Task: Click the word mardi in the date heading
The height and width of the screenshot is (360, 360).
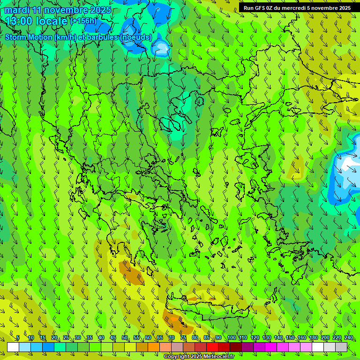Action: pyautogui.click(x=17, y=10)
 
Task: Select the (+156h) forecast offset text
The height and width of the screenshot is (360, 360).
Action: pyautogui.click(x=83, y=21)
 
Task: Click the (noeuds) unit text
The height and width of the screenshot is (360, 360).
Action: pyautogui.click(x=136, y=37)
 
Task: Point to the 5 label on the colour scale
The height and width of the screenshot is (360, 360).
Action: pyautogui.click(x=18, y=337)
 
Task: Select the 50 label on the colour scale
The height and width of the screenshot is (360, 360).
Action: pyautogui.click(x=125, y=337)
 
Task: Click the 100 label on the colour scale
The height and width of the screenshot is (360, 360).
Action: pyautogui.click(x=232, y=337)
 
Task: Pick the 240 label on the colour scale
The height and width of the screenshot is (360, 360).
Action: pyautogui.click(x=349, y=337)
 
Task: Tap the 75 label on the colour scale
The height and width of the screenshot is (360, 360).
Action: pyautogui.click(x=183, y=337)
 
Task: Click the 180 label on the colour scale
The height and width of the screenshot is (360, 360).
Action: pyautogui.click(x=314, y=337)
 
